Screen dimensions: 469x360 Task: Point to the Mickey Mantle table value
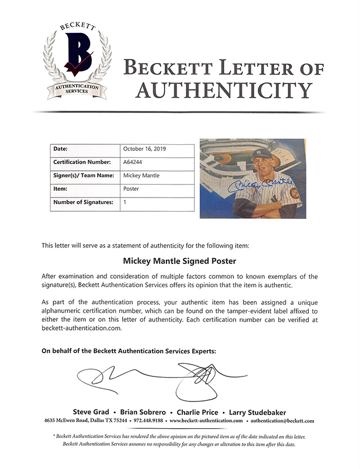tap(141, 175)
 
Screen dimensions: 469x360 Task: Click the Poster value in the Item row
tap(132, 189)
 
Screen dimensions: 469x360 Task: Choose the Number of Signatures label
tap(83, 202)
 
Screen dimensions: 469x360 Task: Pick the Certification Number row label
tap(82, 162)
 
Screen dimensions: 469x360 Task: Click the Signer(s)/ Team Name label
tap(83, 175)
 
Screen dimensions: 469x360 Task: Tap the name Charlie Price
tap(199, 412)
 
